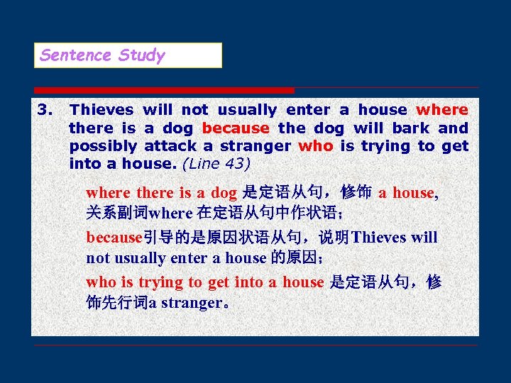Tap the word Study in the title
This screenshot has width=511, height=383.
click(142, 55)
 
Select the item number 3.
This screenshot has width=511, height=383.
click(45, 110)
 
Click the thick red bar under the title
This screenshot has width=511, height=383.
click(164, 90)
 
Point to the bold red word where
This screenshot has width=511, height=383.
click(441, 110)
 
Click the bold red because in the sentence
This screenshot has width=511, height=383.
click(236, 128)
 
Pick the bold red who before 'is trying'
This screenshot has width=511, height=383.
click(315, 146)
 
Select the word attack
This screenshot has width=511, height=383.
click(170, 146)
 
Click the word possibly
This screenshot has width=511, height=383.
click(103, 146)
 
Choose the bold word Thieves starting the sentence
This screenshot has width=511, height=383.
click(101, 110)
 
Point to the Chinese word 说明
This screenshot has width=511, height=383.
click(334, 237)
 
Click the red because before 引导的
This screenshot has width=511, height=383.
click(114, 237)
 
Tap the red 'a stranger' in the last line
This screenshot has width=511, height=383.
click(185, 303)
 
